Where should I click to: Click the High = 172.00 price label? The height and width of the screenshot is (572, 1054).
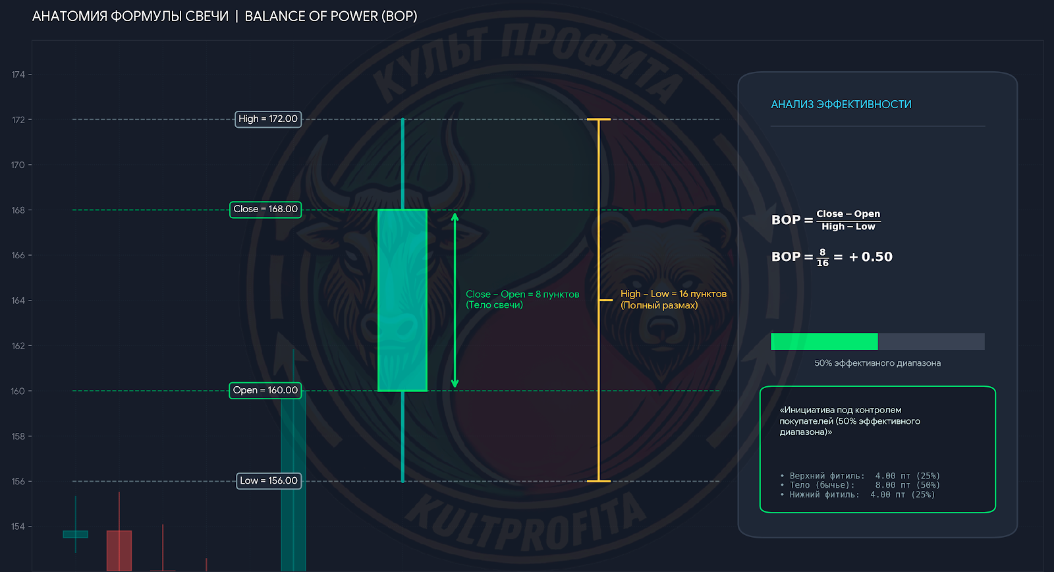(267, 119)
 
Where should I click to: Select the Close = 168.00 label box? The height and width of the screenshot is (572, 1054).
(265, 210)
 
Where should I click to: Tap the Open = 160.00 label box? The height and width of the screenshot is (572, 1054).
(265, 390)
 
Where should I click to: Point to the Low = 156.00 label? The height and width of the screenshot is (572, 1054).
(269, 480)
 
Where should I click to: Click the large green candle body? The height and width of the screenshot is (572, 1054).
(402, 300)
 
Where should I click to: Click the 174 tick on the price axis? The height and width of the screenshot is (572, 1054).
(18, 74)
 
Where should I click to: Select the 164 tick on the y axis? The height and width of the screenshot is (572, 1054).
(18, 300)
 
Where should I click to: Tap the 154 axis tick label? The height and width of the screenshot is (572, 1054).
(18, 527)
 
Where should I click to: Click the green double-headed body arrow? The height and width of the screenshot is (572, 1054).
(455, 300)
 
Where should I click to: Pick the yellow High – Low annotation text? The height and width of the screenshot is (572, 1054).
(673, 299)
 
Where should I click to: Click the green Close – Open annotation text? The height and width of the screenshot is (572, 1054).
(522, 299)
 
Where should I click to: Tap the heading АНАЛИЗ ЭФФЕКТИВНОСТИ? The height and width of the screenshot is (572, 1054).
(841, 105)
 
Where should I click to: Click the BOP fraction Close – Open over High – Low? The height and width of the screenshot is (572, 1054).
(848, 220)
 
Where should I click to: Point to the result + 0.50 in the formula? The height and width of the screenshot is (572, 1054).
(870, 257)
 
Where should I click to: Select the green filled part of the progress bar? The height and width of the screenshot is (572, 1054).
(824, 341)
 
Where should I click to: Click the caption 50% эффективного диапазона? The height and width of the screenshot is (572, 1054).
(877, 363)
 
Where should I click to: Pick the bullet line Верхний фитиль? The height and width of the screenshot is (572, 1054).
(860, 476)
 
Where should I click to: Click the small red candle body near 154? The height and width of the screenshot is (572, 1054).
(119, 551)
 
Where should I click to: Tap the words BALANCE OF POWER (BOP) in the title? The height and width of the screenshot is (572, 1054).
(331, 16)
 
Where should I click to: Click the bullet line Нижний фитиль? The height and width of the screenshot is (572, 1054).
(858, 495)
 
